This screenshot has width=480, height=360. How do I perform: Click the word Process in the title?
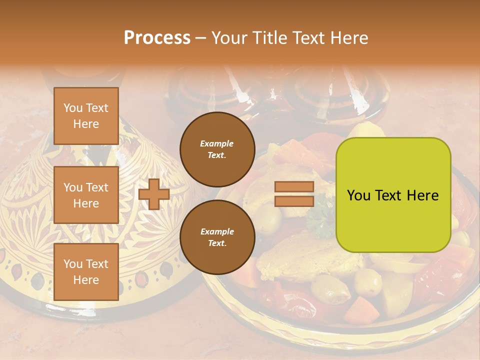tap(157, 38)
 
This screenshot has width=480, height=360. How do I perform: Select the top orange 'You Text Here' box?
tap(86, 116)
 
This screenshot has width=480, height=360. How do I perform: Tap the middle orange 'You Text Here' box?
tap(86, 195)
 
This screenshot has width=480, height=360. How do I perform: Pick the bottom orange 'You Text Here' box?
tap(86, 271)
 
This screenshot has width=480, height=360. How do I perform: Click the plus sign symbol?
tap(154, 194)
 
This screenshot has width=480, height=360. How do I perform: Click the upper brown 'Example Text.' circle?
tap(216, 149)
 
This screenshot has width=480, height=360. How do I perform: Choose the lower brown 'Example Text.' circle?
tap(216, 237)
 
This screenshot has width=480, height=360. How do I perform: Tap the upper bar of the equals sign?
tap(294, 187)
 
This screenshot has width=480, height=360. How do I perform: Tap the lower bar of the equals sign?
tap(294, 201)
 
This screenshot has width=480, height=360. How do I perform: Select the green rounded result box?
tap(393, 194)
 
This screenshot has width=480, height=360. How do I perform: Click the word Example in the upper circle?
tap(216, 143)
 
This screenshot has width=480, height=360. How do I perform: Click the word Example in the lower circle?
tap(216, 231)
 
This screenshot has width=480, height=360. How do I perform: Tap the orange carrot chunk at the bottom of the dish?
tap(361, 309)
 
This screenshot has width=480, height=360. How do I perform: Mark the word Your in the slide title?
tap(227, 38)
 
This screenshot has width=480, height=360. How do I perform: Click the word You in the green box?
tap(358, 195)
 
